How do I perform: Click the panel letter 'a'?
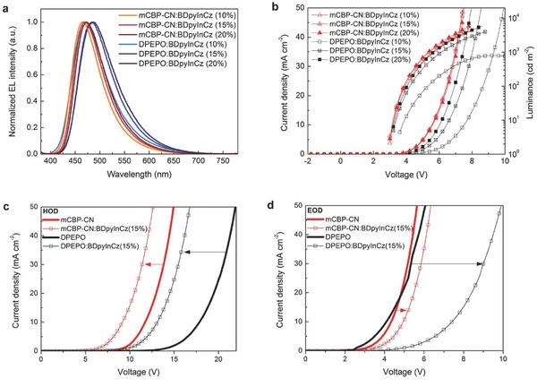pos(7,8)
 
